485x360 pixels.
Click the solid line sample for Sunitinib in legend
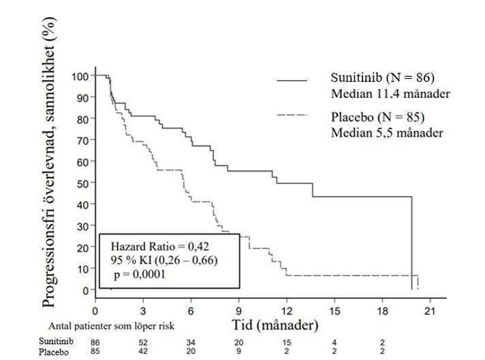pos(302,81)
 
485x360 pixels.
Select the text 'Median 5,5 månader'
pos(388,133)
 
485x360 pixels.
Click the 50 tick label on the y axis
pos(82,183)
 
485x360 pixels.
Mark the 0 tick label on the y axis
pos(84,290)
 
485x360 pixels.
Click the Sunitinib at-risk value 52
pos(144,342)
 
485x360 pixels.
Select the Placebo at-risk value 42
pos(144,352)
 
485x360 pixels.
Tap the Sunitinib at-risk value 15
pos(287,342)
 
